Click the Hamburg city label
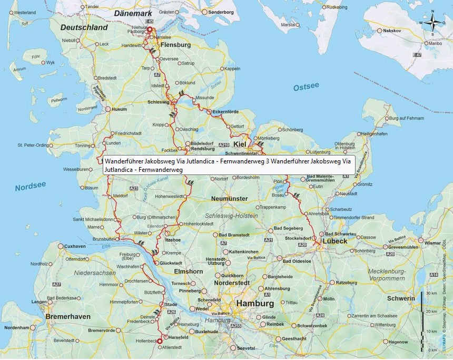point(255,304)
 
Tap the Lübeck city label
point(334,241)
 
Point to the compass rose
point(434,24)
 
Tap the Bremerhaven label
point(68,316)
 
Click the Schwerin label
point(401,298)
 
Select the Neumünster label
point(229,199)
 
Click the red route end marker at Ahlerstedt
point(160,342)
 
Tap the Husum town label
point(120,109)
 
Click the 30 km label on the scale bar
point(431,293)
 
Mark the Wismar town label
point(431,243)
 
